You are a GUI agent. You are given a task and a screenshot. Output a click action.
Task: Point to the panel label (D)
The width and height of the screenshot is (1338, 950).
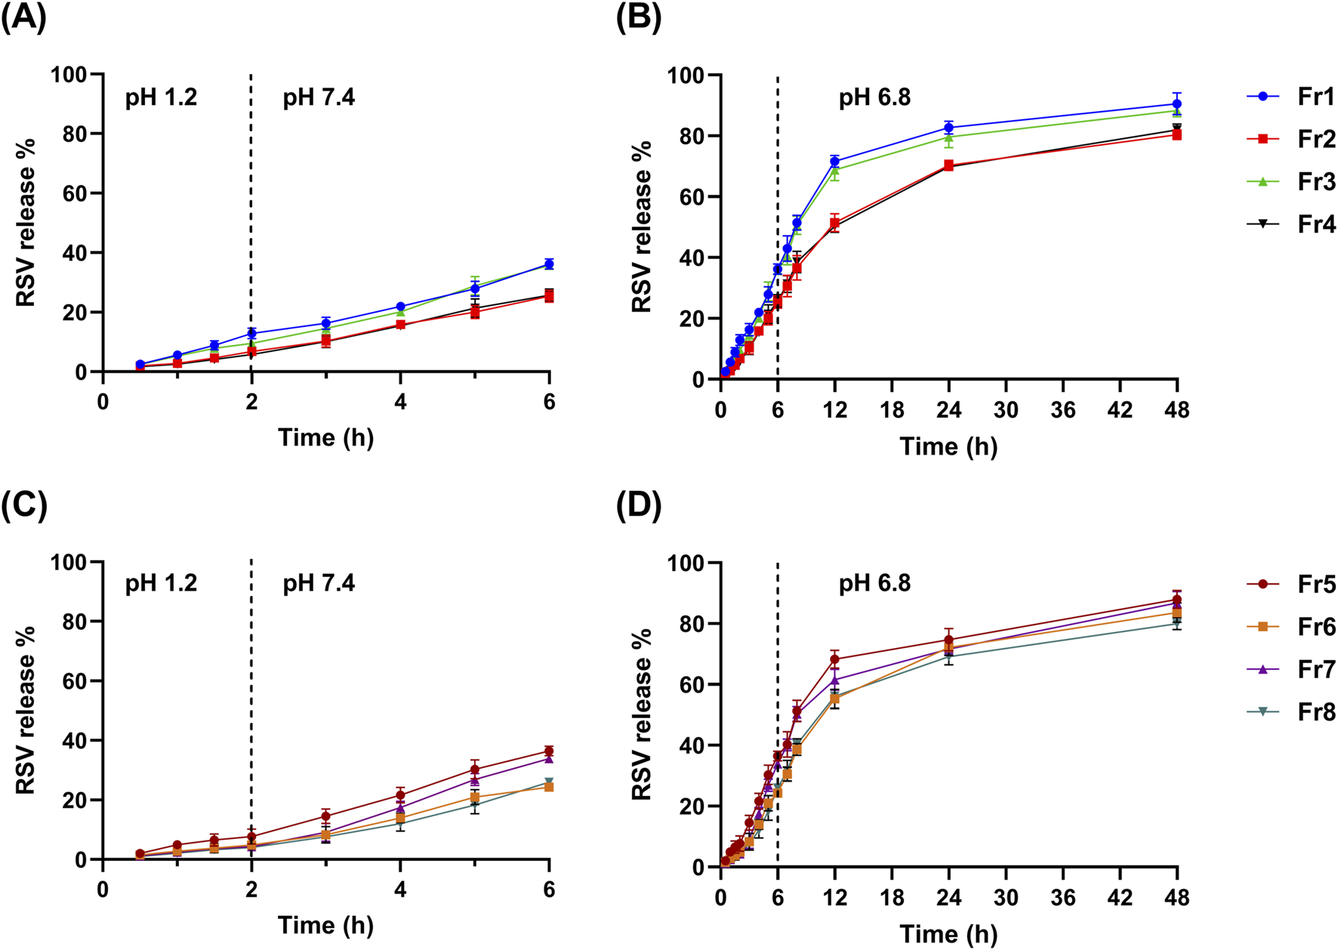(639, 506)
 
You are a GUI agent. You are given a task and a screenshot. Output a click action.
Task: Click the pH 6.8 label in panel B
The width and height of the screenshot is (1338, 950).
(874, 97)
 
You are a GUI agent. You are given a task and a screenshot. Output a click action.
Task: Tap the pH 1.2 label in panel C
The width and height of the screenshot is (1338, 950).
(161, 583)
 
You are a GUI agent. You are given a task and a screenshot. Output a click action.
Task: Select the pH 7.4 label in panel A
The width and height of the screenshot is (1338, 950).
(319, 97)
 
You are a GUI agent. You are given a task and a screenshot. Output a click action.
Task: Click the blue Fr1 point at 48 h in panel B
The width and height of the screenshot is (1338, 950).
(1176, 104)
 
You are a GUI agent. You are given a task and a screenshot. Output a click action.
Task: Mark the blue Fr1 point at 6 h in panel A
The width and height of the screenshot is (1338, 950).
(549, 264)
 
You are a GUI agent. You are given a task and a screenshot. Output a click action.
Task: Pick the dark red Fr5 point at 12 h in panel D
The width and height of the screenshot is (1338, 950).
(834, 659)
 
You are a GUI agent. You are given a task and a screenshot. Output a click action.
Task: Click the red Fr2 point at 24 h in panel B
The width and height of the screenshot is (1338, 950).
(948, 165)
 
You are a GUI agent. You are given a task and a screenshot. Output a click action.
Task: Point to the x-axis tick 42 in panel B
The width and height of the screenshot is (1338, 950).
(1120, 410)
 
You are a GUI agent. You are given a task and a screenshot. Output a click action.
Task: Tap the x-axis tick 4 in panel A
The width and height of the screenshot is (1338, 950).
(400, 402)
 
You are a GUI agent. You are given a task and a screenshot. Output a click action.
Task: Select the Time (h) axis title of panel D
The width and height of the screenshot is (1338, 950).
(948, 934)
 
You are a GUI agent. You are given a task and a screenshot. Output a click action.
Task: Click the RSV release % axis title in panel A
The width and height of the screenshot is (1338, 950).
(26, 223)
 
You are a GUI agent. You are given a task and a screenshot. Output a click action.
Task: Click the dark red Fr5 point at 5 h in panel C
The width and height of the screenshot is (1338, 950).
(475, 770)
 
